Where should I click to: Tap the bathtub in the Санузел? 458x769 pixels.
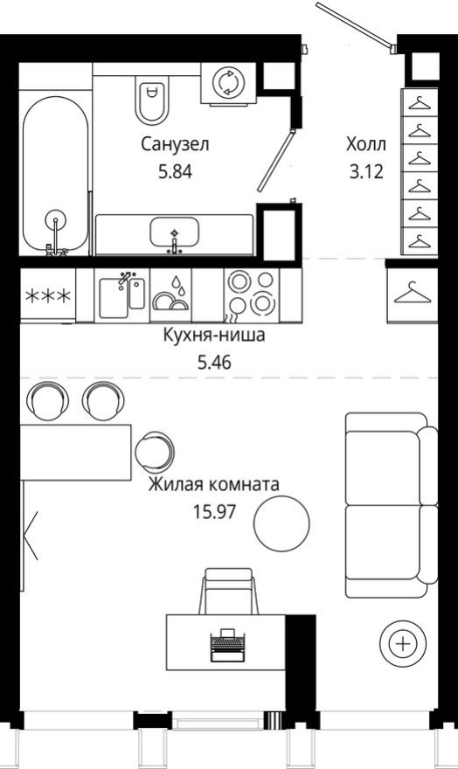click(56, 175)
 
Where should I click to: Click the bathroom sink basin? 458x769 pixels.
click(175, 232)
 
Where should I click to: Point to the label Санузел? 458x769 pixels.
click(176, 144)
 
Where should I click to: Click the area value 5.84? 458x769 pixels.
click(174, 171)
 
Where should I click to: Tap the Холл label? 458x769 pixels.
click(365, 144)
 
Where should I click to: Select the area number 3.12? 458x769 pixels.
click(365, 171)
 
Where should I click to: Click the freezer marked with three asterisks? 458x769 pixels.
click(49, 294)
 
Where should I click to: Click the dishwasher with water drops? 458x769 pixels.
click(170, 294)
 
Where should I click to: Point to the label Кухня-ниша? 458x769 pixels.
click(214, 335)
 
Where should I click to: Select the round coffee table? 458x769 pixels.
click(281, 523)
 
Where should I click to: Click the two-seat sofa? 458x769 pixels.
click(389, 505)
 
